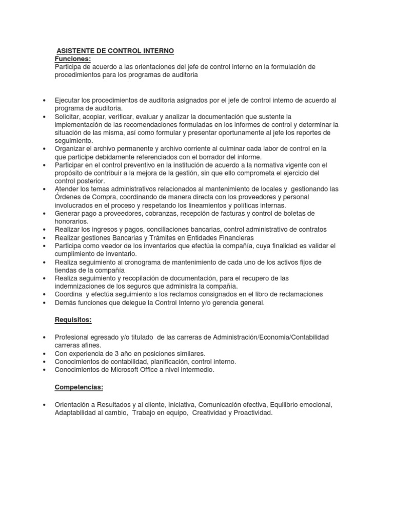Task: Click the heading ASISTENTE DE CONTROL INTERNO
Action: [115, 51]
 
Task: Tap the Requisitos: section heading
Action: [73, 320]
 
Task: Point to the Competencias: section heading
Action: [80, 387]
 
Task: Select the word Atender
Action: [67, 189]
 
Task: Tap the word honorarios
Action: [71, 221]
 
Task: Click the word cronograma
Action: [144, 262]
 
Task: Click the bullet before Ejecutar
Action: [46, 101]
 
